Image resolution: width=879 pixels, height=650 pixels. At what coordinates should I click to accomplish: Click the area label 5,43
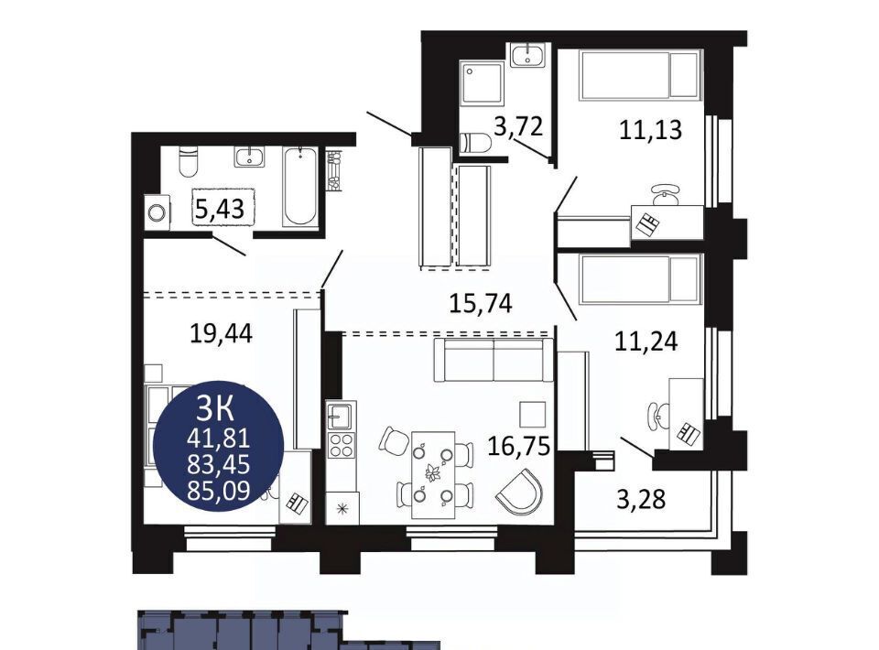(220, 209)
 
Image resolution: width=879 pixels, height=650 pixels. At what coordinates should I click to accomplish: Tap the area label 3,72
(518, 126)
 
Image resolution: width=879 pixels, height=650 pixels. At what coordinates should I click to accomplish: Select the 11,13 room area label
(650, 129)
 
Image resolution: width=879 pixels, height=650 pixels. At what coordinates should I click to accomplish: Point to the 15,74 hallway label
(481, 303)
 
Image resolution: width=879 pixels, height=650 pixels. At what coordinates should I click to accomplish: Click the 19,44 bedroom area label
(221, 334)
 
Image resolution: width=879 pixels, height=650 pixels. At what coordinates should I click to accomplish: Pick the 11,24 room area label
(646, 341)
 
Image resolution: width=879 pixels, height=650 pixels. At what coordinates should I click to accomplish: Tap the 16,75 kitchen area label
(518, 447)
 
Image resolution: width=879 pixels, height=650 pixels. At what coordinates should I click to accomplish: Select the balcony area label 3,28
(641, 499)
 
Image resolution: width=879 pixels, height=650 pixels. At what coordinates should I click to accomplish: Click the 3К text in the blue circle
(214, 409)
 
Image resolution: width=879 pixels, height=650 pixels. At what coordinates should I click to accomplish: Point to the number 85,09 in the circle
(219, 491)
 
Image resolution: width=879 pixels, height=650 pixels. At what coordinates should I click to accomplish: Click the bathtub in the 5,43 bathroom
(299, 187)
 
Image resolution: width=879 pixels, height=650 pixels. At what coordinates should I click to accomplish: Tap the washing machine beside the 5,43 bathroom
(157, 212)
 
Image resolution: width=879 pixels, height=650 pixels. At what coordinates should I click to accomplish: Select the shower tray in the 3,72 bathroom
(482, 83)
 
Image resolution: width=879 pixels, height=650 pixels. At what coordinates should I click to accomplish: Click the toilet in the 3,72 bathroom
(475, 143)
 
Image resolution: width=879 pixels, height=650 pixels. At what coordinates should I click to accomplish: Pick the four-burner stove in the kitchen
(341, 445)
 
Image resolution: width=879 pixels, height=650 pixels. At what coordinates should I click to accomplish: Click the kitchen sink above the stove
(341, 416)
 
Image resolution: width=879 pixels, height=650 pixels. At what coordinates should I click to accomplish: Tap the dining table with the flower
(433, 474)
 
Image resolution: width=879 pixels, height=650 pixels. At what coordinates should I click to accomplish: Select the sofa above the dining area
(494, 359)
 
